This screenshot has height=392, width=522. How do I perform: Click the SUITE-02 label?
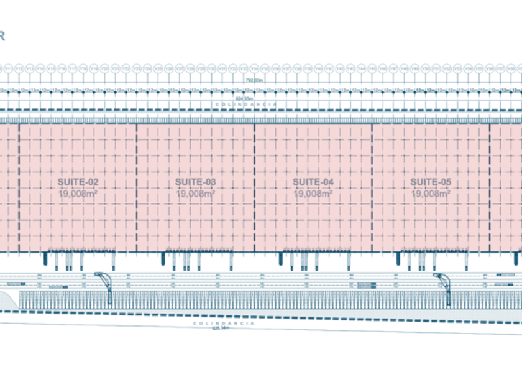(78, 182)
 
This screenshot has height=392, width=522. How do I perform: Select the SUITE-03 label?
(196, 182)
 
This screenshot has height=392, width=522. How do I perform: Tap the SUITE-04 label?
(313, 182)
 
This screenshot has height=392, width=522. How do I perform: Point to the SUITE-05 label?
(431, 182)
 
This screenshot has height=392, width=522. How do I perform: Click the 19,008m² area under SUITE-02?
(78, 194)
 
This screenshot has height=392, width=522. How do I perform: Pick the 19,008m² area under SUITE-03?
(196, 194)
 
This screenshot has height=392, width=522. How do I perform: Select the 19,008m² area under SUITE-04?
(313, 194)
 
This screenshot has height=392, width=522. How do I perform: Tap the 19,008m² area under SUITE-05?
(431, 194)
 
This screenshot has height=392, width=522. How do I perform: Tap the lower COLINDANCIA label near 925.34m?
(223, 324)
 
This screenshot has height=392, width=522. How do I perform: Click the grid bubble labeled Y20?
(104, 68)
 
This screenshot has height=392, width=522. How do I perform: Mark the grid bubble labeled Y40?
(318, 68)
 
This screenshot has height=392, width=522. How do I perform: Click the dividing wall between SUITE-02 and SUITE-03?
(137, 187)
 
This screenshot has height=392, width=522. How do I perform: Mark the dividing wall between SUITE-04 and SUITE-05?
(372, 187)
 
